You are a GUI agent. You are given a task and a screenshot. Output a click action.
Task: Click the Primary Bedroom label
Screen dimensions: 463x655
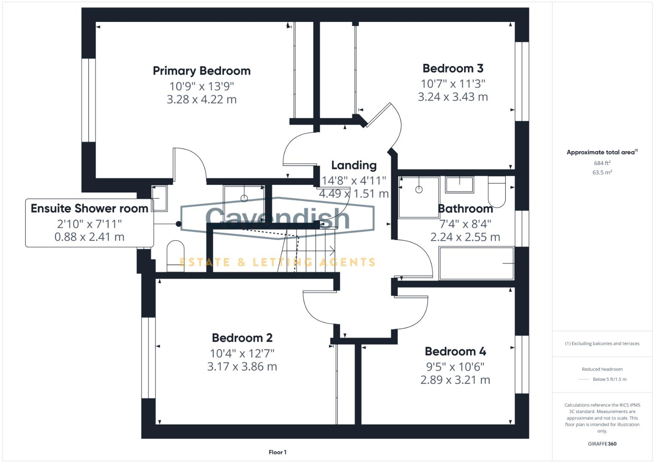[202, 71]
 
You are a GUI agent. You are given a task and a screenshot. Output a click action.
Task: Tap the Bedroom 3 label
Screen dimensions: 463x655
[453, 68]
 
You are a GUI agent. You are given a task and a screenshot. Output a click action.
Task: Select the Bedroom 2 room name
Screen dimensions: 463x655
[242, 338]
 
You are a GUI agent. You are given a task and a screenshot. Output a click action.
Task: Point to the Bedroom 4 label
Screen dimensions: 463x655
[455, 352]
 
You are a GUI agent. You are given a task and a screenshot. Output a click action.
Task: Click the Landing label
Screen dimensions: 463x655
[354, 165]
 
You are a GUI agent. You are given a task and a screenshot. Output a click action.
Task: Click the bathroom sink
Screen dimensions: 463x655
[459, 185]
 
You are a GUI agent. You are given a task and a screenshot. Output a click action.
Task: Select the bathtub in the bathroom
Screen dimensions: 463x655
[476, 263]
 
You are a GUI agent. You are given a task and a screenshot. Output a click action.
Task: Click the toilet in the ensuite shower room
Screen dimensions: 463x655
[175, 256]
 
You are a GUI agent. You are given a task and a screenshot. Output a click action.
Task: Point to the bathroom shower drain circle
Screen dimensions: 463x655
[419, 189]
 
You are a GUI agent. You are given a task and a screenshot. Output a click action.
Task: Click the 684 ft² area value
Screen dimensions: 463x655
[602, 163]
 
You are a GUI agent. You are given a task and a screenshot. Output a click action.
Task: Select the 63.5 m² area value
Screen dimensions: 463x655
[602, 172]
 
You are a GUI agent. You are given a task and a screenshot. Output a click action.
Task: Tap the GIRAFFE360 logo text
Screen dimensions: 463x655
[602, 444]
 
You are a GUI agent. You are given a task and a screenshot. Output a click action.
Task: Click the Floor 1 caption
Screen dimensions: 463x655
[278, 452]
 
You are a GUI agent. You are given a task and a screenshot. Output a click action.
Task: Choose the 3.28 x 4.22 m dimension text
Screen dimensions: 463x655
[202, 99]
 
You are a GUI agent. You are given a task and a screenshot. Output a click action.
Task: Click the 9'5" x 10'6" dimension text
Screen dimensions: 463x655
[455, 367]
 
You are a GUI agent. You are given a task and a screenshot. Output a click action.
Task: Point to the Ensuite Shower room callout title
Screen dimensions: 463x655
[89, 209]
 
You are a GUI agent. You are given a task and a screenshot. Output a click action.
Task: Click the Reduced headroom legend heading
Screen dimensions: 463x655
[602, 369]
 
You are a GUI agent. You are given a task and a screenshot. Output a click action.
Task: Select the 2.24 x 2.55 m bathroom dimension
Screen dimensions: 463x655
[465, 237]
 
